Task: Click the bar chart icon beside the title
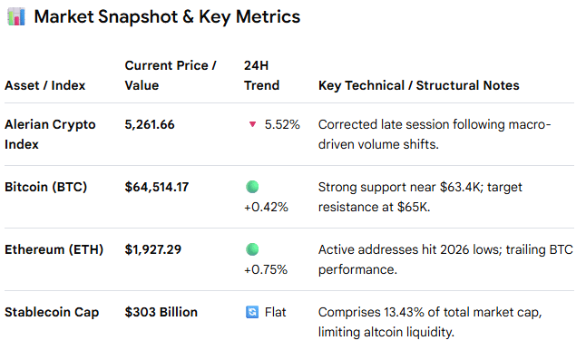16,17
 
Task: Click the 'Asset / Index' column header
44,85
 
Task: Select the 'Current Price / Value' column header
171,75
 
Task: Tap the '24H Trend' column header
261,75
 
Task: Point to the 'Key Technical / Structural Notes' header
418,85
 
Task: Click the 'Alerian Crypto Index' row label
50,134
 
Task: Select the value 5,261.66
150,125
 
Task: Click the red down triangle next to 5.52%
253,124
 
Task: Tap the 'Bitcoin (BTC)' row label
45,187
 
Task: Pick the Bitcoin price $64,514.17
157,187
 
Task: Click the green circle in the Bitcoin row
252,187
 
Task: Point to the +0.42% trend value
266,207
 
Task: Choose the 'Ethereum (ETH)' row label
54,249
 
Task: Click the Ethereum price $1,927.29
153,249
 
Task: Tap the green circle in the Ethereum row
252,249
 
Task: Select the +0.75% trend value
266,269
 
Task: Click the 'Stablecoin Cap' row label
52,312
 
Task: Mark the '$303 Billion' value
161,312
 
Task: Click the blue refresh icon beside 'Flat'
252,312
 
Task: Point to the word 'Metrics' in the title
268,17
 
